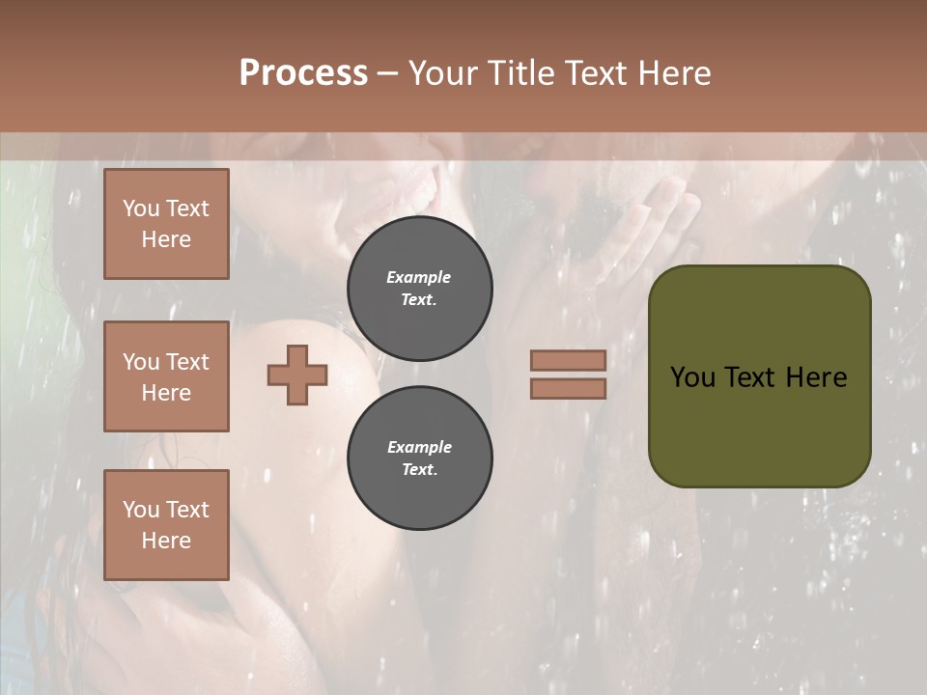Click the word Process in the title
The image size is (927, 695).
tap(303, 73)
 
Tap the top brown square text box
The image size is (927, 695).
tap(166, 224)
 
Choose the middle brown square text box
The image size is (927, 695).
tap(166, 376)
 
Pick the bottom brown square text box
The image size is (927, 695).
tap(166, 524)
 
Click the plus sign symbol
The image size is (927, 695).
tap(297, 375)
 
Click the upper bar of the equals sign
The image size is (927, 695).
tap(568, 360)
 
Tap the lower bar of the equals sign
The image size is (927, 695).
tap(568, 388)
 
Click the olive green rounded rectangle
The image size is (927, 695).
tap(759, 425)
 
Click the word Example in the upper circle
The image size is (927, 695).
tap(419, 277)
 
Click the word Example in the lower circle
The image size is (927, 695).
tap(419, 447)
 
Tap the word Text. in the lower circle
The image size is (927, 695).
tap(419, 469)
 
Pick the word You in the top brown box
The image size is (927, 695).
tap(141, 208)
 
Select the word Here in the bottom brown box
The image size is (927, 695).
tap(166, 541)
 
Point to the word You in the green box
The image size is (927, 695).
tap(692, 376)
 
